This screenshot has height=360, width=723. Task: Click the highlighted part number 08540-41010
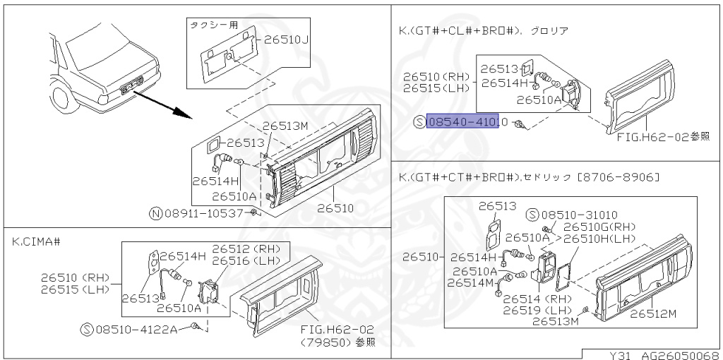463,121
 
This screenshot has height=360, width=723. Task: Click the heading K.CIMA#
35,241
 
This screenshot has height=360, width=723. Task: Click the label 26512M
652,313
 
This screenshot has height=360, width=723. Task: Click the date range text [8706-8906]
619,176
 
